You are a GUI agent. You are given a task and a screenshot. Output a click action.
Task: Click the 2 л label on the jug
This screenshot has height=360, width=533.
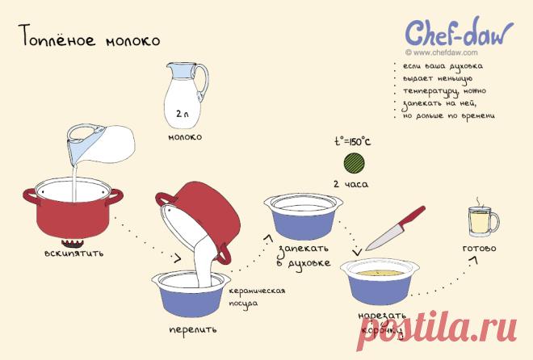click(x=183, y=114)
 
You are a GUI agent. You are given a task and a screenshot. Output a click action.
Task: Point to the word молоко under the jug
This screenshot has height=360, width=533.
click(x=185, y=137)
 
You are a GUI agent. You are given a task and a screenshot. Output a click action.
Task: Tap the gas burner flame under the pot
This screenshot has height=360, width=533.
click(x=72, y=243)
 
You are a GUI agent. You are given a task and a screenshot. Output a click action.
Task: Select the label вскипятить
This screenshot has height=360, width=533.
click(x=73, y=253)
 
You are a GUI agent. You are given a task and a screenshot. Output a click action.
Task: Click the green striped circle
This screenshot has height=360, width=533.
click(x=354, y=163)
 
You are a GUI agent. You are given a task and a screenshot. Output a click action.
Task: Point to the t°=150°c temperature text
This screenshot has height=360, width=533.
click(x=352, y=141)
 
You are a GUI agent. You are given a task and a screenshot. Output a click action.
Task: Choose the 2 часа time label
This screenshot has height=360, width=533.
click(x=350, y=184)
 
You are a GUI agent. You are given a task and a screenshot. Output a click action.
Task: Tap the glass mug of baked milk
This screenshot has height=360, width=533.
click(x=481, y=222)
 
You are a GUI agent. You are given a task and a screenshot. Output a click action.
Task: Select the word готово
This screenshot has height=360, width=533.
click(x=479, y=249)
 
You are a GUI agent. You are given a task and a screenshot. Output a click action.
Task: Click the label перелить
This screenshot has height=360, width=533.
click(x=193, y=329)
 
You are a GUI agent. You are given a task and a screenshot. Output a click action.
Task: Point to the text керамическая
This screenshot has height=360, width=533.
click(x=257, y=291)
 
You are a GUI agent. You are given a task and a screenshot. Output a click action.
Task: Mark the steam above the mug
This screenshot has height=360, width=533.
click(x=479, y=201)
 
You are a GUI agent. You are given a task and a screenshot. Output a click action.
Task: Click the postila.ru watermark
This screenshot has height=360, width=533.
click(x=437, y=329)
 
